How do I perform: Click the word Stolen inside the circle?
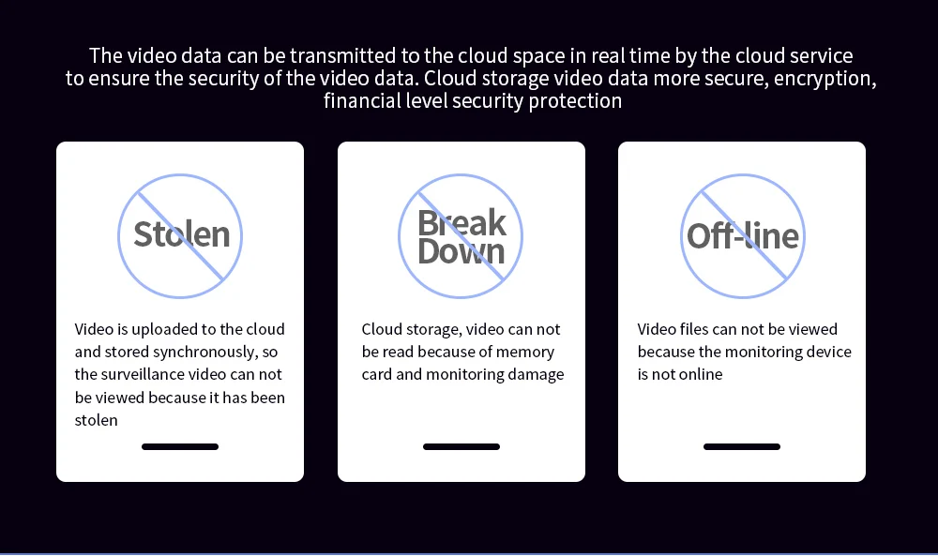point(181,234)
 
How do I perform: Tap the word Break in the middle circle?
point(461,223)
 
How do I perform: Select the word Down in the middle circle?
point(461,251)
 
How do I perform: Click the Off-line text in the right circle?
point(743,235)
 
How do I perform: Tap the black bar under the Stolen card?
point(180,447)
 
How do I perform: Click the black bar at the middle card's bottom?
point(461,447)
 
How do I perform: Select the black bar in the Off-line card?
point(742,447)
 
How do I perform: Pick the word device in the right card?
point(826,353)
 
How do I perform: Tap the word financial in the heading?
point(357,101)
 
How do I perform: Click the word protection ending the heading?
point(575,101)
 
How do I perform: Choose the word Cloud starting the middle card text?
point(384,330)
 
